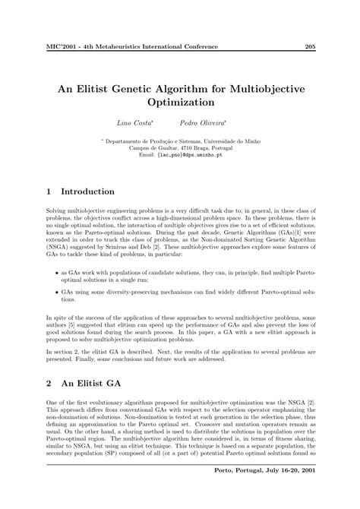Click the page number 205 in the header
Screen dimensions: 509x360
(310, 47)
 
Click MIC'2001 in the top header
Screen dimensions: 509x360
(62, 47)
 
